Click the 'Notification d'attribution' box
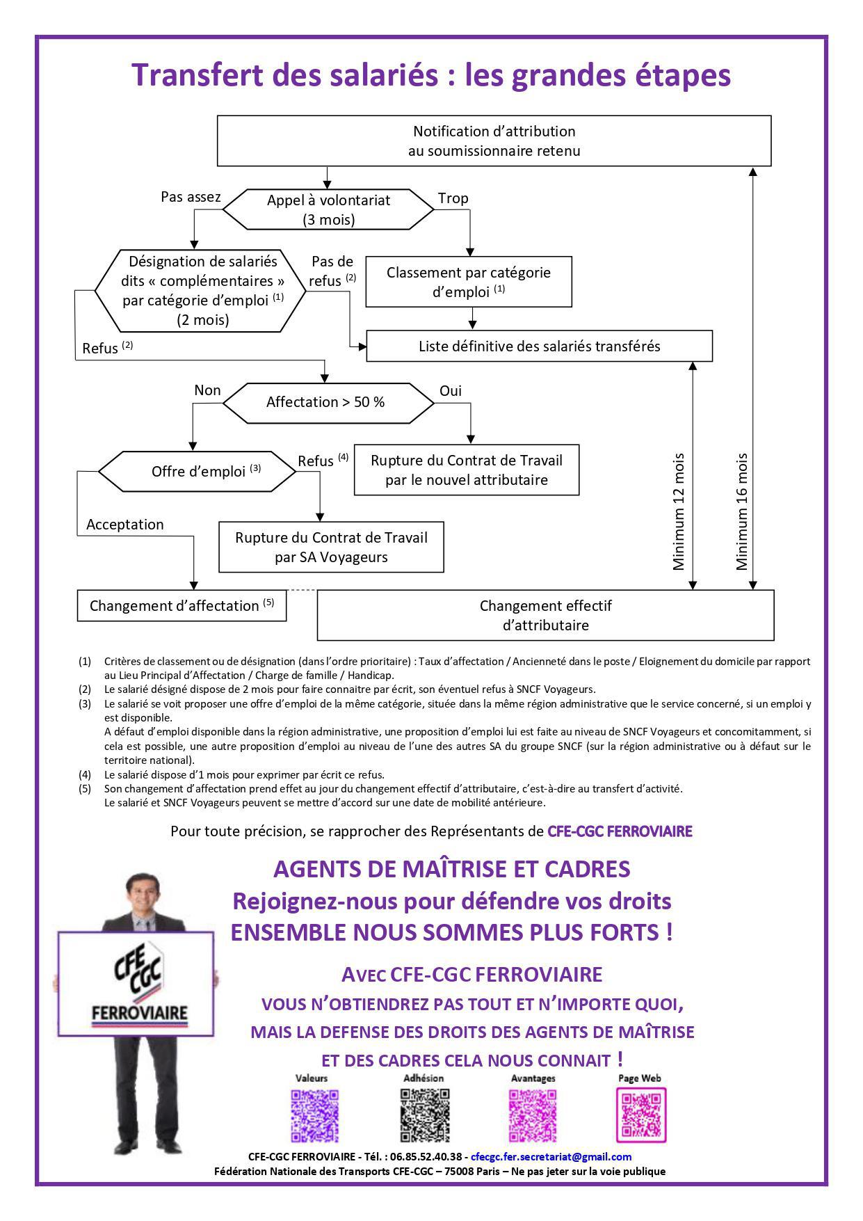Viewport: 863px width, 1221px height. [x=494, y=141]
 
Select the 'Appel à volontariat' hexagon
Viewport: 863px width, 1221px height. [x=328, y=209]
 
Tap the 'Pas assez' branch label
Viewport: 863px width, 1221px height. [x=191, y=197]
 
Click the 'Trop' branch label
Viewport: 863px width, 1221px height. [x=453, y=198]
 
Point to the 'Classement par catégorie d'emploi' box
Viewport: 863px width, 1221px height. [x=469, y=282]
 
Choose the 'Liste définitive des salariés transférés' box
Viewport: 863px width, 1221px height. [x=539, y=346]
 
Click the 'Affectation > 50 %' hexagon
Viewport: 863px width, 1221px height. [x=325, y=402]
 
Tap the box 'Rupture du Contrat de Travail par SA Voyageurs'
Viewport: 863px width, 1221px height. [x=331, y=547]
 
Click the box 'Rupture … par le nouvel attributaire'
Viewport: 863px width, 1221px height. [x=467, y=470]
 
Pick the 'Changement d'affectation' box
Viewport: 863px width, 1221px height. [x=182, y=605]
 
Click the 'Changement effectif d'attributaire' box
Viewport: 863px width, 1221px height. [x=545, y=615]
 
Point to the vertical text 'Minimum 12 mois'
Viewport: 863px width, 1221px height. [x=679, y=511]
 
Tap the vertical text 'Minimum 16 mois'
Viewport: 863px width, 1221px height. [x=742, y=511]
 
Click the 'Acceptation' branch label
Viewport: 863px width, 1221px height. [x=125, y=525]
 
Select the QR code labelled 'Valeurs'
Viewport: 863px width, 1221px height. [x=314, y=1116]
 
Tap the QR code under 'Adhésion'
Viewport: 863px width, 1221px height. [x=424, y=1116]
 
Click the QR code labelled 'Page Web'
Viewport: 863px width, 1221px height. [x=641, y=1115]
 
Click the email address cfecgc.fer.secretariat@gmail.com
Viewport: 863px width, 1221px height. [x=551, y=1157]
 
